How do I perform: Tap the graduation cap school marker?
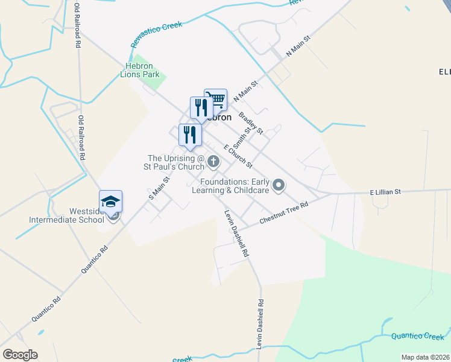(111, 202)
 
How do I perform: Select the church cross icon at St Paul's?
(213, 162)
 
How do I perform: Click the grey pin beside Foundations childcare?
(278, 185)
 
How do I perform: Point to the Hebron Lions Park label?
(142, 70)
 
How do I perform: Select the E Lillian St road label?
(386, 192)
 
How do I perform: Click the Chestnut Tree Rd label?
(284, 213)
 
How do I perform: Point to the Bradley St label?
(251, 123)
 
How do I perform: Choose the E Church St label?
(237, 156)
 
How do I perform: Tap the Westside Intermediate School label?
(67, 215)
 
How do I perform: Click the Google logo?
(20, 355)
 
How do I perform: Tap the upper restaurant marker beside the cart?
(201, 107)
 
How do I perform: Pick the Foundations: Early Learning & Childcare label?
(235, 186)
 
